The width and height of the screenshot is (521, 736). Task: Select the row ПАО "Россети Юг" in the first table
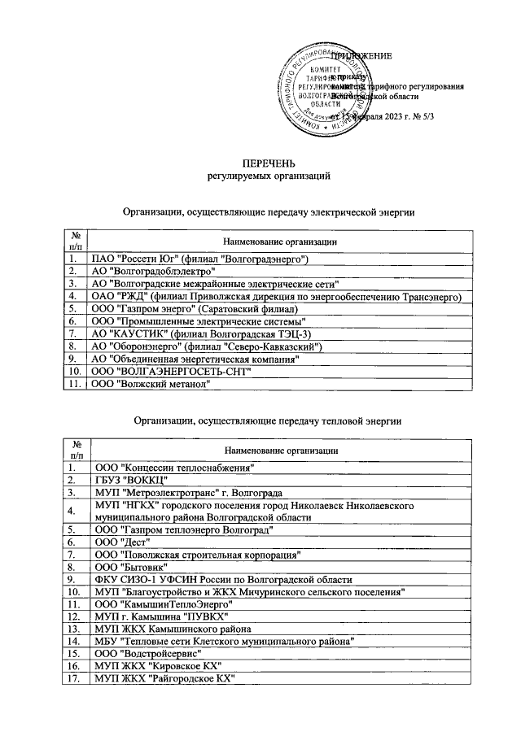199,259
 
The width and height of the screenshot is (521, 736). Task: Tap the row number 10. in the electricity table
76,372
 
